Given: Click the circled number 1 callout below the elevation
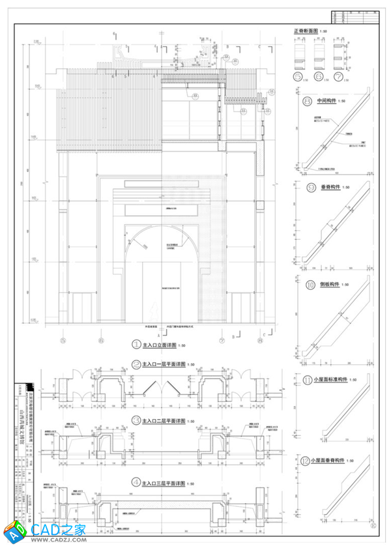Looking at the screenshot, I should [136, 344].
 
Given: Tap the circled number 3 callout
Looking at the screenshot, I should [136, 420].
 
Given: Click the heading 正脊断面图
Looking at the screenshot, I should [306, 31].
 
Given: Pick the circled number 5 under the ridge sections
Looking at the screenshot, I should [298, 77].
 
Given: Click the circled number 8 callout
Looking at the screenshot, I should [306, 101].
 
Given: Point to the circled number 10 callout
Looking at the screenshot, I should [306, 285].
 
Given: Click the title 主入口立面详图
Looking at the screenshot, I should [163, 345].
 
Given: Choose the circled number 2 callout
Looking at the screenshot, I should [136, 365].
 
